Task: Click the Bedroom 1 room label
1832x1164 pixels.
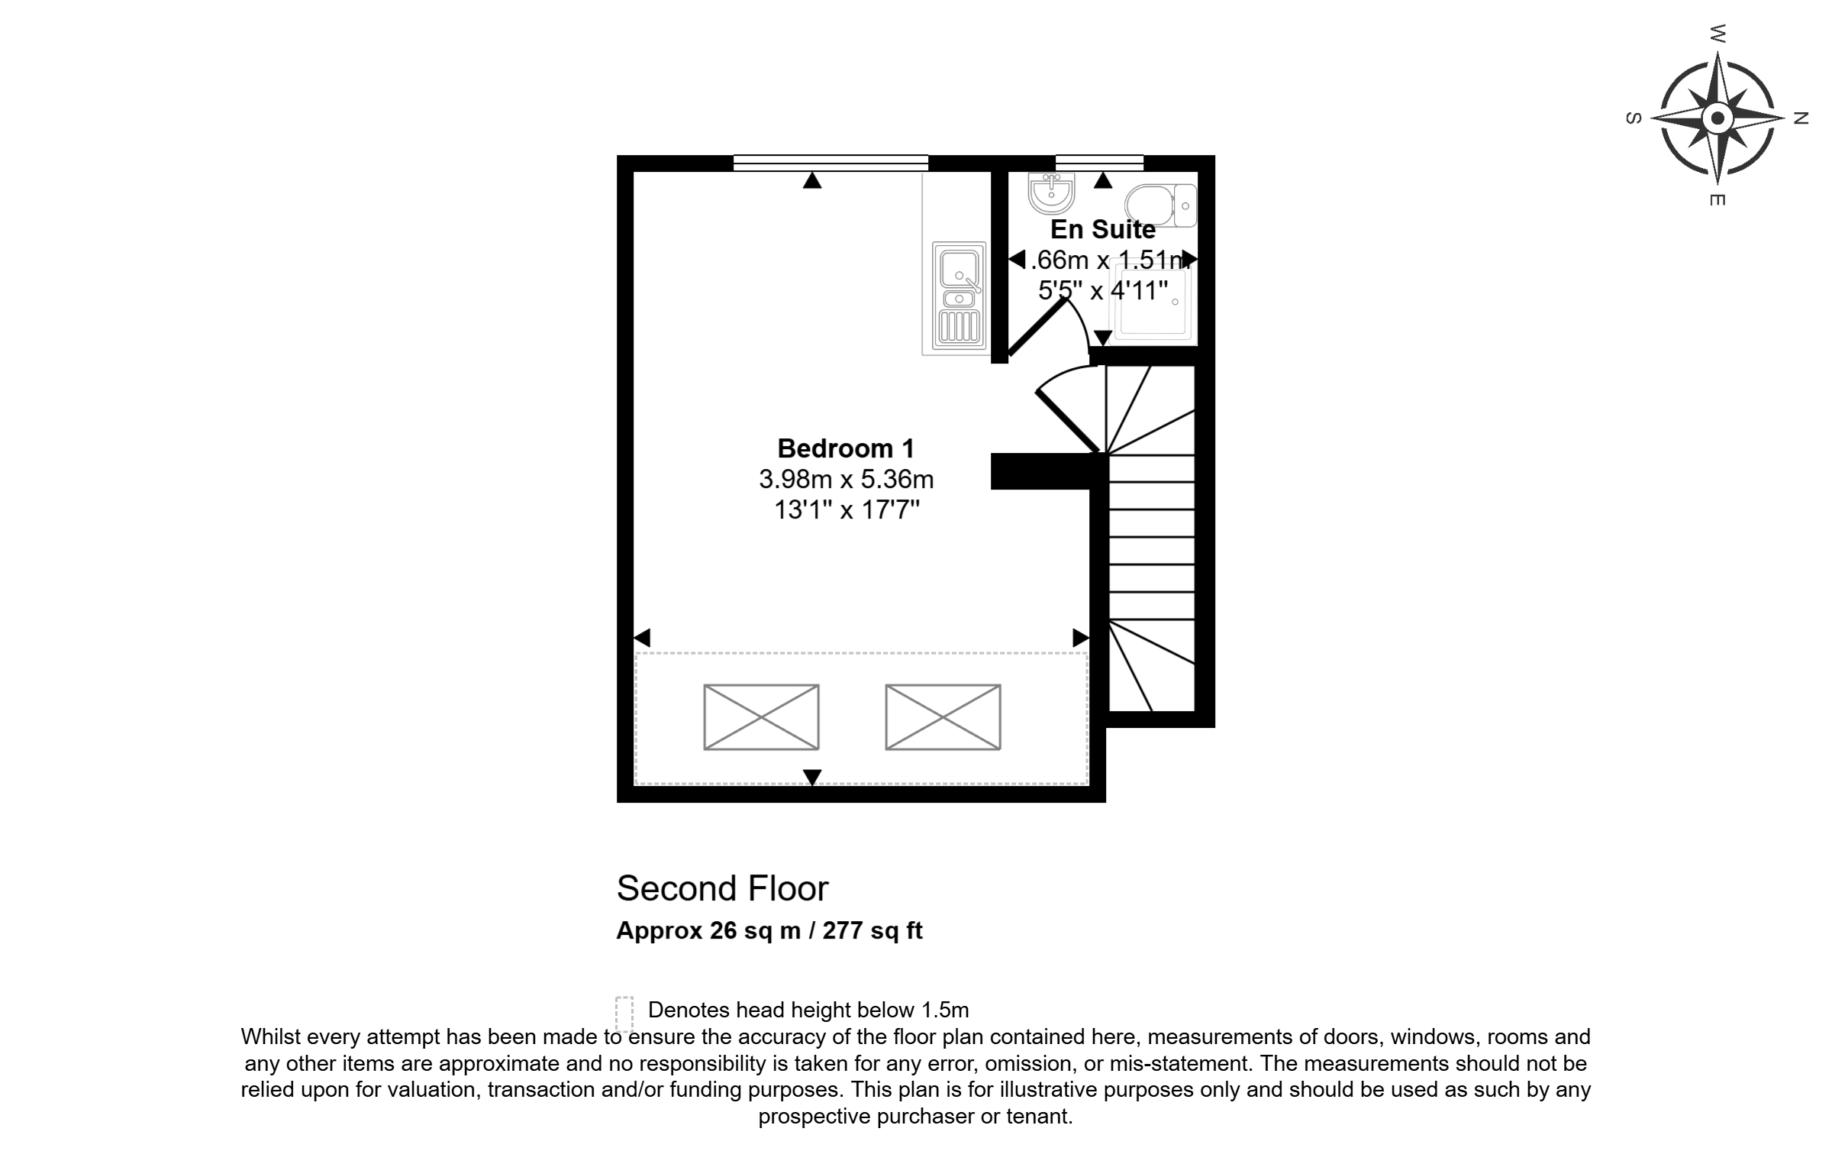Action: (846, 448)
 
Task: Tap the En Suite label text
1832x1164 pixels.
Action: (1103, 229)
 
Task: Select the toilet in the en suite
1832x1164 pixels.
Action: (1160, 205)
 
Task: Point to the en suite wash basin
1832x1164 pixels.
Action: (1051, 192)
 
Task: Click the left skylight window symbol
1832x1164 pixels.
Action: (761, 717)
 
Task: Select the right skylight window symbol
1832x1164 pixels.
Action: (943, 717)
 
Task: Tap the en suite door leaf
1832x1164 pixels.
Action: (1037, 328)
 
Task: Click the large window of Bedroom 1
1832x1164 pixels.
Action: (831, 163)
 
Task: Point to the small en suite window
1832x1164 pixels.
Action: (1099, 163)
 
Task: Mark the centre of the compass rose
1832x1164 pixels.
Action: (1717, 118)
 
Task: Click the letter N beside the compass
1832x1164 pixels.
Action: (1801, 118)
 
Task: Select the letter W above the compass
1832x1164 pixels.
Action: (1717, 34)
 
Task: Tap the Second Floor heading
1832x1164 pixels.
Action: (722, 888)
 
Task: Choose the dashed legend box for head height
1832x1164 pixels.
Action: (624, 1014)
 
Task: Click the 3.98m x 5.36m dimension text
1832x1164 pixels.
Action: (846, 480)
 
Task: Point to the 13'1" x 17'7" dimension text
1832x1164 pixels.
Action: (847, 509)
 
